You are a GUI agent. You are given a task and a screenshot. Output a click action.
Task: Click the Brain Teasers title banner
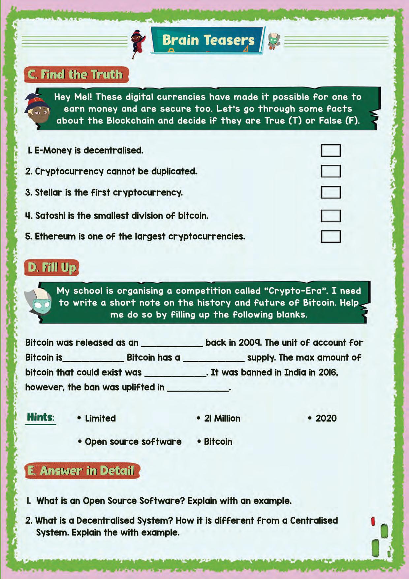[x=208, y=40]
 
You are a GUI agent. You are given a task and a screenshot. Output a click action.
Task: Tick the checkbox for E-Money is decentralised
[x=330, y=151]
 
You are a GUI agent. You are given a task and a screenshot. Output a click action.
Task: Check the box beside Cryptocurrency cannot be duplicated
[x=330, y=171]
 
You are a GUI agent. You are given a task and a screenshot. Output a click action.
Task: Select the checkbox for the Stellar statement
[x=330, y=192]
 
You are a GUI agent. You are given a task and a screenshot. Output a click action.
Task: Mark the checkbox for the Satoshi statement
[x=330, y=216]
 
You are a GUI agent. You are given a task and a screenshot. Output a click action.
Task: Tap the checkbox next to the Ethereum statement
[x=330, y=236]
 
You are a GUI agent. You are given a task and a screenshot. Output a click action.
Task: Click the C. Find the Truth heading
[x=76, y=75]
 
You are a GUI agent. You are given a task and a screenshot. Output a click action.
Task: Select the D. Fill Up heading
[x=52, y=267]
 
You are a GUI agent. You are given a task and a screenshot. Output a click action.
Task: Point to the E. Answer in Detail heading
[x=81, y=470]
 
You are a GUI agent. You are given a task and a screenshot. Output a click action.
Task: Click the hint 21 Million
[x=222, y=419]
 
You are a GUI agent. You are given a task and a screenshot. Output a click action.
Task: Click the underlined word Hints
[x=40, y=417]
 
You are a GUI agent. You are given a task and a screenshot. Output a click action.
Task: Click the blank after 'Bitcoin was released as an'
[x=172, y=343]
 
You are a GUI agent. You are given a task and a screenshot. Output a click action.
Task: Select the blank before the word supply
[x=213, y=358]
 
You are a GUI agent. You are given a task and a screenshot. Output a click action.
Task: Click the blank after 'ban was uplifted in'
[x=198, y=388]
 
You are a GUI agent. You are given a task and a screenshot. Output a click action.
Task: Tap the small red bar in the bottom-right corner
[x=373, y=521]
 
